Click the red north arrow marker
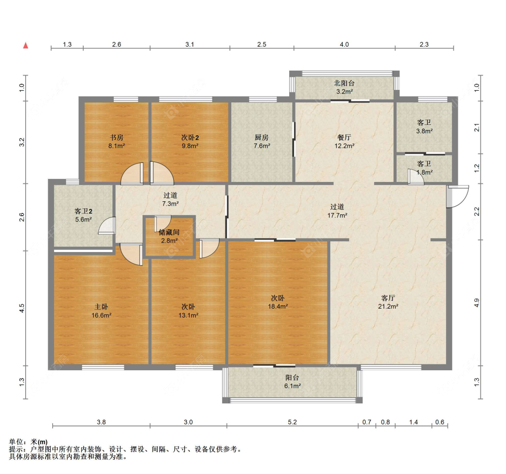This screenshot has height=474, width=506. tap(26, 45)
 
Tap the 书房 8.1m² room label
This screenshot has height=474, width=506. tap(115, 142)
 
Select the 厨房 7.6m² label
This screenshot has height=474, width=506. tap(262, 142)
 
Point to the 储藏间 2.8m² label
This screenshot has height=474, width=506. tap(169, 236)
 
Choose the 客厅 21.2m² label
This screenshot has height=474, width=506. tap(388, 302)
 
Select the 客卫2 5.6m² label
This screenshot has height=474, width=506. tap(83, 215)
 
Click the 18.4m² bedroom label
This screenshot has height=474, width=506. tap(278, 302)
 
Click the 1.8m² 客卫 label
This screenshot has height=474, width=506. tap(424, 168)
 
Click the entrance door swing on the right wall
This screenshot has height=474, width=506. tap(457, 196)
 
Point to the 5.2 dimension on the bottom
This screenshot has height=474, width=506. tap(292, 422)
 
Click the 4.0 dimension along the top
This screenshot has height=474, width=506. tap(344, 44)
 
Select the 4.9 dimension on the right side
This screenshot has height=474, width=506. tap(477, 303)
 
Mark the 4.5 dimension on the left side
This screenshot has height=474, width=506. tap(22, 309)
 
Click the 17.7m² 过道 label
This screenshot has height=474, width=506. tap(337, 211)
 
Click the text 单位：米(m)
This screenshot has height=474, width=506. tap(28, 442)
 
